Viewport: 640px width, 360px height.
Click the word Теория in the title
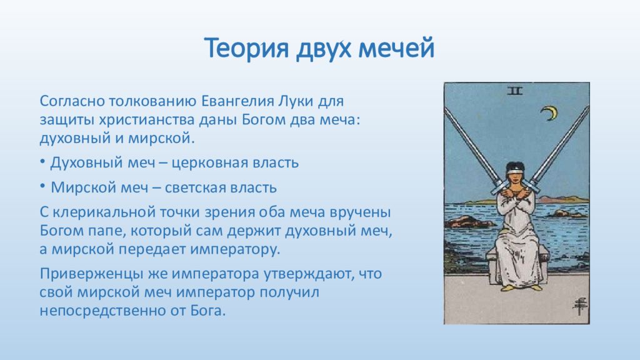[246, 48]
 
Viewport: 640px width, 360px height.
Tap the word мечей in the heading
[396, 48]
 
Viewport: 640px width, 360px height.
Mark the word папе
[104, 231]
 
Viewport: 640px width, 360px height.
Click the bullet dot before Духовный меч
[42, 162]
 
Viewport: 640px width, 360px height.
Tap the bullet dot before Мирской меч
[42, 186]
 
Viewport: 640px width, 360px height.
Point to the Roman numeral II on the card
[515, 91]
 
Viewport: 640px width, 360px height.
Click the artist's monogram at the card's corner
[579, 306]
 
